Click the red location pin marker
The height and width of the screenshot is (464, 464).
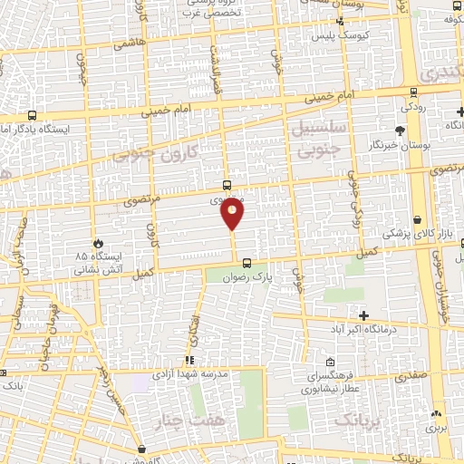233,213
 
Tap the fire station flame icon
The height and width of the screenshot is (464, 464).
98,242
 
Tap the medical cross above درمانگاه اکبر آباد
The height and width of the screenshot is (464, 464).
364,315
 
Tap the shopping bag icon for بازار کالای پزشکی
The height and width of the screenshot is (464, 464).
417,218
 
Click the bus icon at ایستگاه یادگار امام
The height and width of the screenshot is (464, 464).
33,115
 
